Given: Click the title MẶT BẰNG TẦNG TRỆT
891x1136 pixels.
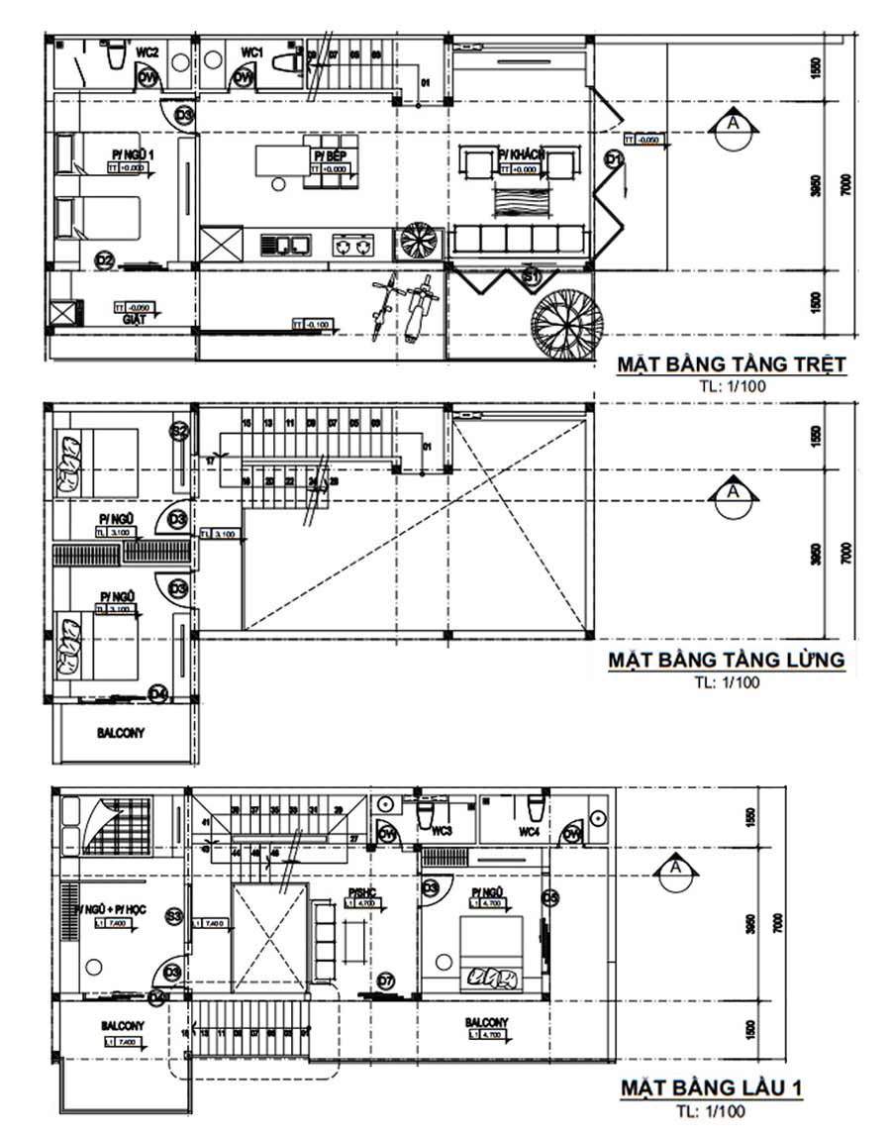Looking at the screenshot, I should [732, 363].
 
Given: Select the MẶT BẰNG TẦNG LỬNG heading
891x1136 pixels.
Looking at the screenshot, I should [726, 660].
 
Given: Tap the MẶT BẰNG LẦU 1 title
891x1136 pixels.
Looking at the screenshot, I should [712, 1088].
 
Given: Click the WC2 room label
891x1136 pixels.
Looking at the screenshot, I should [148, 52].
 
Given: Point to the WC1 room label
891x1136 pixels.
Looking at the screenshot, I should [251, 52].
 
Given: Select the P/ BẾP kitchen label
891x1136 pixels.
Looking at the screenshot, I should [330, 155].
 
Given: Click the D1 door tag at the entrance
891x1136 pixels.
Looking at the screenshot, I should [614, 158].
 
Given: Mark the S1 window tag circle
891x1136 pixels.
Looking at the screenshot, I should [532, 278].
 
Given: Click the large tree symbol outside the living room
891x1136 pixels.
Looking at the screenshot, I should [567, 324].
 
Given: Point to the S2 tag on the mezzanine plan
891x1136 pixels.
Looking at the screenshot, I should [179, 431].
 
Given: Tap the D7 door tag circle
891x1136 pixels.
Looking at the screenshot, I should [386, 981].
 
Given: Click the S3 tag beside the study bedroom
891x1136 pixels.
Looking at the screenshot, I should [174, 916].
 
